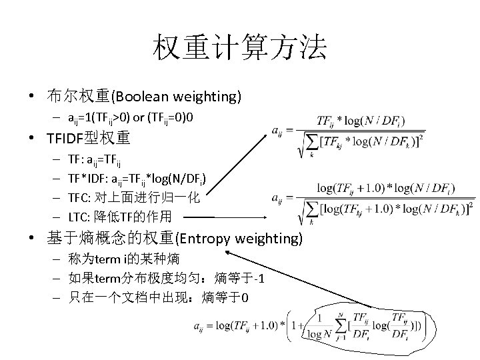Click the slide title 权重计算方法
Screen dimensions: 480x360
point(240,47)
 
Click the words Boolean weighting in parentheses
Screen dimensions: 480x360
point(176,97)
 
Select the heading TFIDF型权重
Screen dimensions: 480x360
point(89,139)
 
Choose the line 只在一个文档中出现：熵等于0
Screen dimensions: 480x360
point(159,297)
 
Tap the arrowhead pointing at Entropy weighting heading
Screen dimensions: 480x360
point(230,253)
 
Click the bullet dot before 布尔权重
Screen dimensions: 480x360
point(32,97)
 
